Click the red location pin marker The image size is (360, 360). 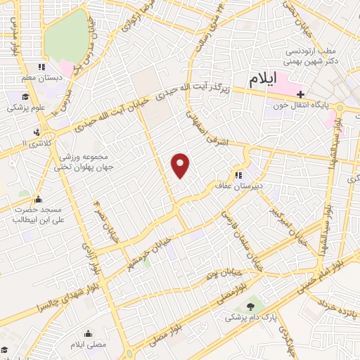pos(181,165)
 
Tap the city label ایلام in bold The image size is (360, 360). pos(263,79)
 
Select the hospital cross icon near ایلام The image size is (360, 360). pos(300,94)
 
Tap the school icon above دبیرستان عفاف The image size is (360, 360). pos(238,175)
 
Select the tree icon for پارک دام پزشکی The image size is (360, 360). pos(251,306)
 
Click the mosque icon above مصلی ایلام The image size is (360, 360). pos(89,333)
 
